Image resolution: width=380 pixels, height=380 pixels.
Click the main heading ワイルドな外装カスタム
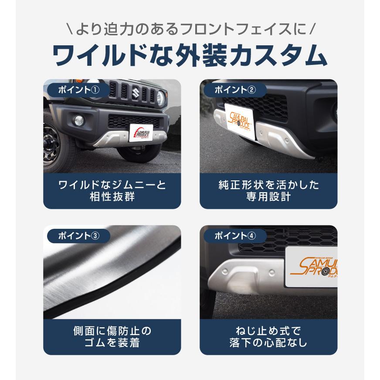click(x=190, y=55)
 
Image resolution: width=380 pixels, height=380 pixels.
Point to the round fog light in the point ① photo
click(x=80, y=119)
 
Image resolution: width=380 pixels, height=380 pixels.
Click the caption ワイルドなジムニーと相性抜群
click(x=112, y=190)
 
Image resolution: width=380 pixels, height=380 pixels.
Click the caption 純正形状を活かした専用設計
click(x=268, y=190)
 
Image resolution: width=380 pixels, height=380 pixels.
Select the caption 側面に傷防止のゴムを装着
click(x=112, y=336)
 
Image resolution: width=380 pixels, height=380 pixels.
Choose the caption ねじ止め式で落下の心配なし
click(x=268, y=336)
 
